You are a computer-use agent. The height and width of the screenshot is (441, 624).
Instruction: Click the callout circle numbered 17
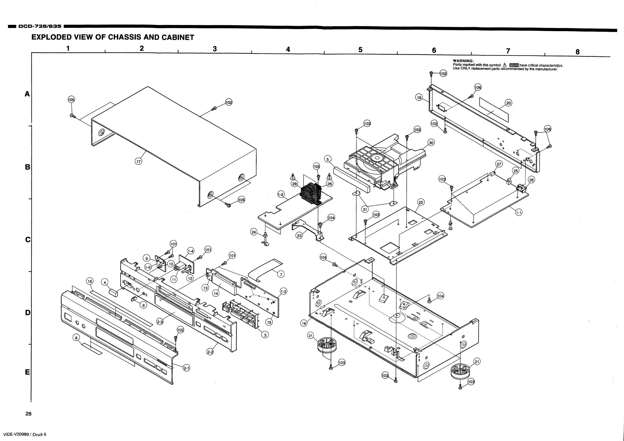click(x=139, y=162)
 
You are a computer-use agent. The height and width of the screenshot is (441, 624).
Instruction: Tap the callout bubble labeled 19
click(x=419, y=97)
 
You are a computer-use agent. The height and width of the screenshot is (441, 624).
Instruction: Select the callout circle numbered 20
click(x=508, y=103)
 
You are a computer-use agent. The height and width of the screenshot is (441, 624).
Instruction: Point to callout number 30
click(x=431, y=143)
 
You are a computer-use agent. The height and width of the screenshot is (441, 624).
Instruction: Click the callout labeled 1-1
click(x=519, y=212)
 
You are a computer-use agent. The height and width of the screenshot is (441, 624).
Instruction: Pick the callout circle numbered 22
click(x=421, y=202)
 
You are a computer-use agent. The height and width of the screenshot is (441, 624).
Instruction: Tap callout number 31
click(x=365, y=209)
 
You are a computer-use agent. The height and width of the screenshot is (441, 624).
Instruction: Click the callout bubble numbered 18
click(x=304, y=323)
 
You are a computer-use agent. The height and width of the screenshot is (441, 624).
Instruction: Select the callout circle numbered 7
click(x=281, y=274)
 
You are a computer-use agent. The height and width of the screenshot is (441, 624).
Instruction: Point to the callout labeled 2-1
click(x=187, y=368)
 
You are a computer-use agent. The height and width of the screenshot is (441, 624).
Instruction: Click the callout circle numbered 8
click(x=76, y=338)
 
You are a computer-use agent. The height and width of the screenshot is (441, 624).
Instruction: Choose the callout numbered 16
click(x=90, y=281)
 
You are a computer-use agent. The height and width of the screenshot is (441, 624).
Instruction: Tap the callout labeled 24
click(x=254, y=232)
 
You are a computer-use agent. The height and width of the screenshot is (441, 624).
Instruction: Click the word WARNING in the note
click(x=463, y=61)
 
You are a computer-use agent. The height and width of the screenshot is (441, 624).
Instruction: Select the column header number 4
click(x=288, y=49)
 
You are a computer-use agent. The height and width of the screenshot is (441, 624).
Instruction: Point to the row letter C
click(x=28, y=240)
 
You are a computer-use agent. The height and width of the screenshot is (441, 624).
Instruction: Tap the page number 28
click(x=28, y=414)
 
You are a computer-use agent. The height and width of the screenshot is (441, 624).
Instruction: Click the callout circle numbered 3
click(x=265, y=335)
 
